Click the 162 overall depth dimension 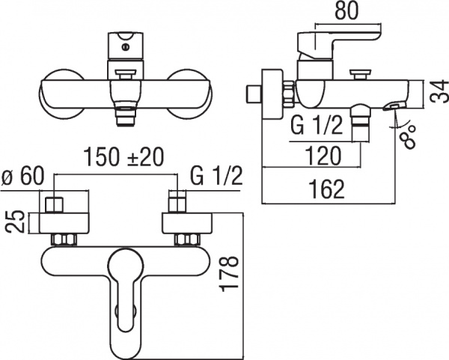pyautogui.click(x=326, y=189)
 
